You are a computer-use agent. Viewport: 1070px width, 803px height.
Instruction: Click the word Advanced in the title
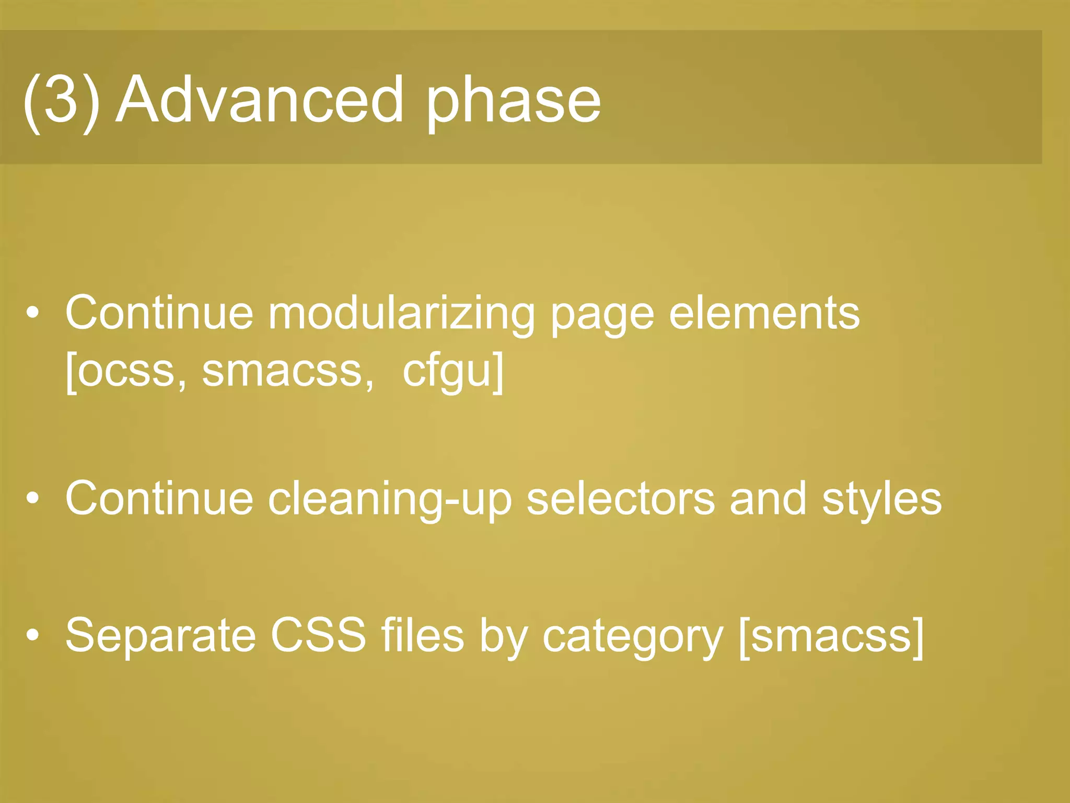click(260, 99)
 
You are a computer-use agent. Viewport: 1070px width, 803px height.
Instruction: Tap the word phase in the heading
click(513, 102)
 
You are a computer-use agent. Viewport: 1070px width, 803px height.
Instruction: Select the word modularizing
click(401, 314)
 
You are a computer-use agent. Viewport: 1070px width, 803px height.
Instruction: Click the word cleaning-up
click(389, 499)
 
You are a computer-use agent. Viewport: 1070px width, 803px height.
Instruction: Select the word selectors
click(620, 499)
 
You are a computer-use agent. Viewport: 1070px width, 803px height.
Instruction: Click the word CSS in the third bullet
click(318, 635)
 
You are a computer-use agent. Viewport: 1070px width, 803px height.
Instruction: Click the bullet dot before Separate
click(33, 635)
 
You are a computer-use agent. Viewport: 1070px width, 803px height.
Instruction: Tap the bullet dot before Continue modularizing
click(33, 313)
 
